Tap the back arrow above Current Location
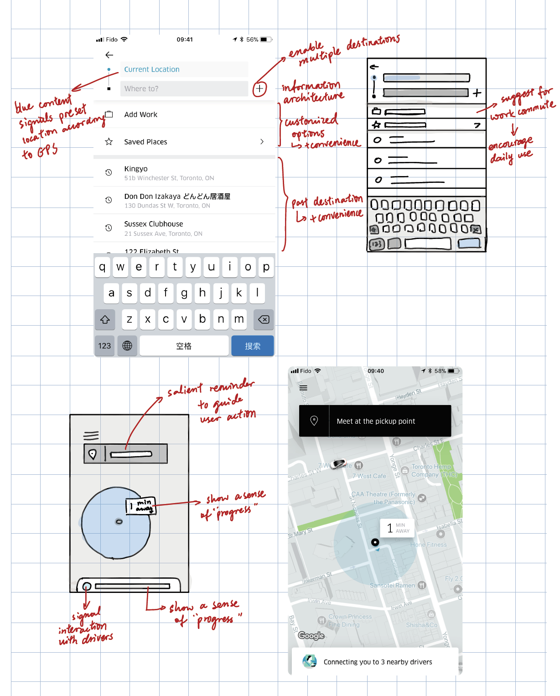coord(109,55)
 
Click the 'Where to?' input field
coord(184,88)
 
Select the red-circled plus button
coord(259,88)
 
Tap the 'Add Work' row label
coord(140,114)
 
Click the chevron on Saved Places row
coord(262,142)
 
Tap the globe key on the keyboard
coord(127,346)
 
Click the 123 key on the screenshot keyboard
coord(104,346)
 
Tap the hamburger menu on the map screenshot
coord(303,388)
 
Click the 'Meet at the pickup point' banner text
coord(376,421)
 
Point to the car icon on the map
coord(338,464)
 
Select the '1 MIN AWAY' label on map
coord(397,528)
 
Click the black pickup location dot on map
coord(375,542)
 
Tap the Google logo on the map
coord(311,636)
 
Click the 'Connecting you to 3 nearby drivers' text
coord(378,662)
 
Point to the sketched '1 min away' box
coord(141,506)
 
